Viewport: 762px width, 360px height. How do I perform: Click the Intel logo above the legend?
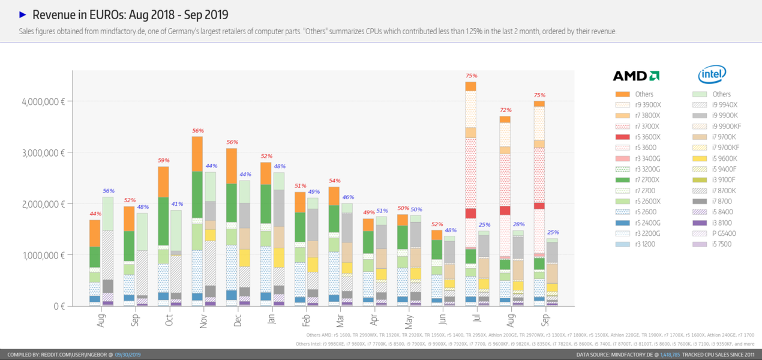coord(712,75)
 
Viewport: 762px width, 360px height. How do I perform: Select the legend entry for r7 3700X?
coord(643,126)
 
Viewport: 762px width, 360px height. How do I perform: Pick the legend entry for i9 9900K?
coord(724,115)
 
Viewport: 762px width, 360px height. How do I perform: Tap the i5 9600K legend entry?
coord(724,158)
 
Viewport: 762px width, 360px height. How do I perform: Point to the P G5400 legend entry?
coord(724,233)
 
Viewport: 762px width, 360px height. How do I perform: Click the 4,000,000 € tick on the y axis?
coord(43,101)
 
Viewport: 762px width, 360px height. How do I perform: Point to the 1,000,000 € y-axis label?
coord(43,255)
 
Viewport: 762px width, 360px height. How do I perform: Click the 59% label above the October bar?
coord(163,160)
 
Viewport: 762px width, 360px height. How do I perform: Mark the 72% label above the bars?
coord(505,110)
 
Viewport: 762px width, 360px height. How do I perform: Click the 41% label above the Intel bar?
coord(176,204)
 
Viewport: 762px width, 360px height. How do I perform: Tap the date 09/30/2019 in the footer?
coord(128,355)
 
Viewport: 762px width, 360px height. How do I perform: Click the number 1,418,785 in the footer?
coord(670,355)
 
